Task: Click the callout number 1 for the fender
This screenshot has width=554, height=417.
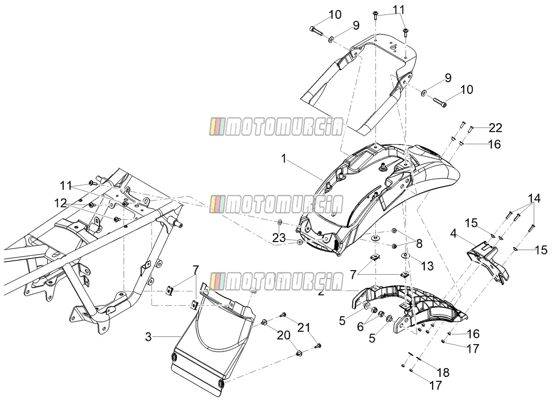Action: click(283, 159)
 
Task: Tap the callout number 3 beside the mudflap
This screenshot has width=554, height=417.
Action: click(148, 337)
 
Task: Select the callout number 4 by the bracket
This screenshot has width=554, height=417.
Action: click(453, 234)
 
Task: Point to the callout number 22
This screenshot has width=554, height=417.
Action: click(495, 128)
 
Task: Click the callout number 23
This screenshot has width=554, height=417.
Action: click(279, 237)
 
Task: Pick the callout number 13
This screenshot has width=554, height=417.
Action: click(428, 266)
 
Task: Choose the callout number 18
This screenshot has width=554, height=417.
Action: click(443, 372)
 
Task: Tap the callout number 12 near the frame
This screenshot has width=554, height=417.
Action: click(60, 203)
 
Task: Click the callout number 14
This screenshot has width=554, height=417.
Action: click(534, 199)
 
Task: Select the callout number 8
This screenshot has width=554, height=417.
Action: click(419, 243)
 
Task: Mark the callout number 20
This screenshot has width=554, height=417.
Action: click(283, 335)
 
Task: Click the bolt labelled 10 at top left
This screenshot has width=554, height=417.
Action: click(315, 31)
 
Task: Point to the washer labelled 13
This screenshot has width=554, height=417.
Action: click(404, 256)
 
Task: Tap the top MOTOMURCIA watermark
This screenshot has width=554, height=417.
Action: click(276, 127)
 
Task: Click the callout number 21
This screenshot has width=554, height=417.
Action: click(304, 328)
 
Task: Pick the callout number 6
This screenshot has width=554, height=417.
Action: click(360, 327)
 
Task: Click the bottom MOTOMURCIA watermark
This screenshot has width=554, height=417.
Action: click(276, 281)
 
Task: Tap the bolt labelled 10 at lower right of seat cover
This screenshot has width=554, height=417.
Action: click(440, 103)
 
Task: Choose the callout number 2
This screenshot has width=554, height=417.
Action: click(321, 292)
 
